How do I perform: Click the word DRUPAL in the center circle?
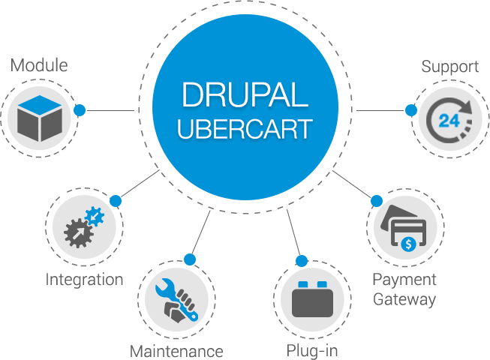click(244, 96)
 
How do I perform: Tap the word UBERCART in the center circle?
click(244, 129)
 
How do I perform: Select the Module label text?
click(39, 65)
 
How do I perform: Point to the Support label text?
click(449, 66)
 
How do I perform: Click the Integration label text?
click(84, 280)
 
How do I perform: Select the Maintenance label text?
click(176, 350)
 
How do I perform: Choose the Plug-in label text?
click(311, 350)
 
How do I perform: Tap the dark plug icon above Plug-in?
click(312, 301)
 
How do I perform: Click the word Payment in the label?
click(404, 280)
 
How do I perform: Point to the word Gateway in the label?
click(404, 299)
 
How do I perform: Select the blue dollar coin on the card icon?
click(407, 243)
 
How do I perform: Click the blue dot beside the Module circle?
click(80, 109)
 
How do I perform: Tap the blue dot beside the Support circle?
click(410, 109)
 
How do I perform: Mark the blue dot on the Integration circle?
click(115, 200)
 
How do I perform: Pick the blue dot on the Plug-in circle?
click(302, 260)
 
